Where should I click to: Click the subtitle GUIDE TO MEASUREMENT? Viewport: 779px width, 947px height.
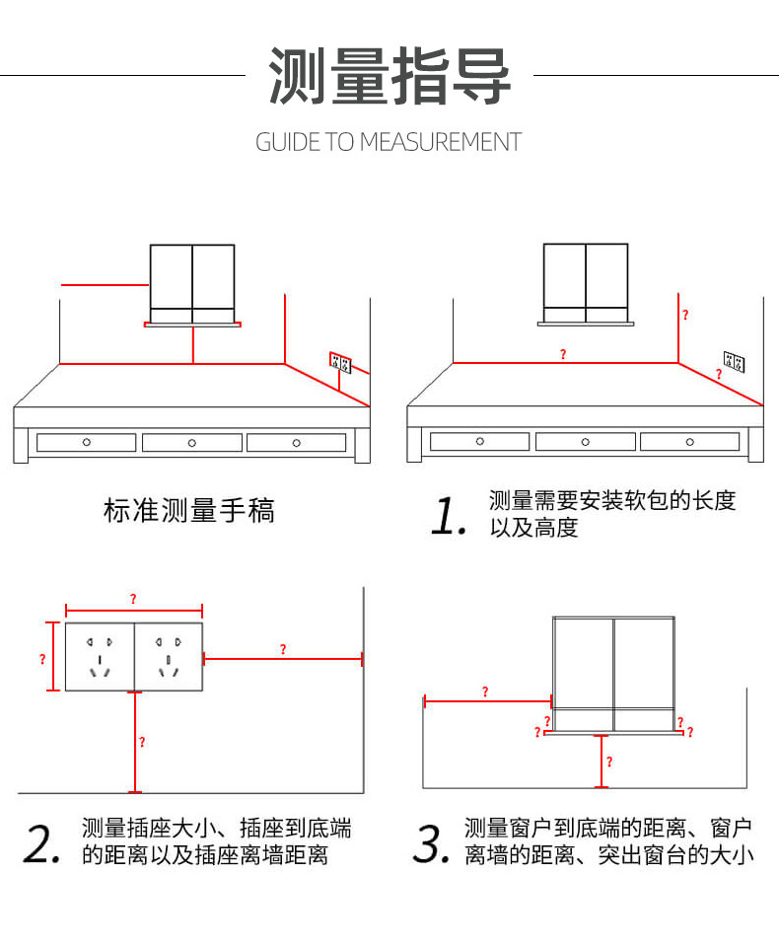[389, 142]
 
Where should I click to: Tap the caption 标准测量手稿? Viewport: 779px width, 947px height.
[189, 510]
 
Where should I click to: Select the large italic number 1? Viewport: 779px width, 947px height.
[449, 516]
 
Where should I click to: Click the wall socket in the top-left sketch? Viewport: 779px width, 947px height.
[340, 362]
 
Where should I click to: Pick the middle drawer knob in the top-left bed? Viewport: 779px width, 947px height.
[191, 443]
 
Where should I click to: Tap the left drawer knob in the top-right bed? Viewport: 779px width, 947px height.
[480, 441]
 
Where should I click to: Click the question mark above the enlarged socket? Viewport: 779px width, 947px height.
[133, 599]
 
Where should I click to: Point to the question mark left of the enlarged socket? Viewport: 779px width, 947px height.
[42, 658]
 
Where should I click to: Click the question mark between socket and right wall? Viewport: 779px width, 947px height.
[283, 649]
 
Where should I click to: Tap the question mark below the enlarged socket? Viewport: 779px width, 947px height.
[142, 742]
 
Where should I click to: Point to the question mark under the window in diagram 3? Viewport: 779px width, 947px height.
[608, 762]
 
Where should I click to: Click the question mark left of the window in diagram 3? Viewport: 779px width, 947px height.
[484, 692]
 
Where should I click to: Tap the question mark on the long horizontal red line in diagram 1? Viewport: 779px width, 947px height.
[563, 354]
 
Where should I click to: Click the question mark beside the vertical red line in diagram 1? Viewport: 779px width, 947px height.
[685, 316]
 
